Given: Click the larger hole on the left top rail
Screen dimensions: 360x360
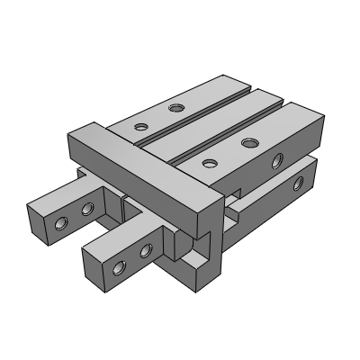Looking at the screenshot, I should (x=176, y=109).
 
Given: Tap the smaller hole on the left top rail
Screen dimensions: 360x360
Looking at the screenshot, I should (x=139, y=126).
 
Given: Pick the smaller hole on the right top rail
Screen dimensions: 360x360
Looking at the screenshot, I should (x=209, y=163).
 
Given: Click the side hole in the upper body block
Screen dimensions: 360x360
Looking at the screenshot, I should (x=278, y=161).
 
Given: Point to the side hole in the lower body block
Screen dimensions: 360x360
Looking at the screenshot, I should (x=297, y=184).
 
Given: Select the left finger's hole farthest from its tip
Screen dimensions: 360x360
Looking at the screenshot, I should (x=87, y=209).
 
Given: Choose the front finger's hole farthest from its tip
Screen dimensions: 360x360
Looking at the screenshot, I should (x=144, y=251).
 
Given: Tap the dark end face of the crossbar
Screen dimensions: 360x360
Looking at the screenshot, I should (x=208, y=213).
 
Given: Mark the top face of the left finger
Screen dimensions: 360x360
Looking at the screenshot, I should (x=67, y=193).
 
